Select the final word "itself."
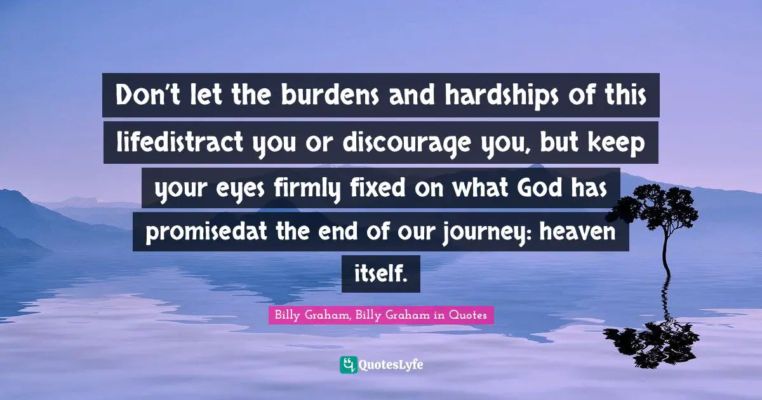(380, 274)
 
